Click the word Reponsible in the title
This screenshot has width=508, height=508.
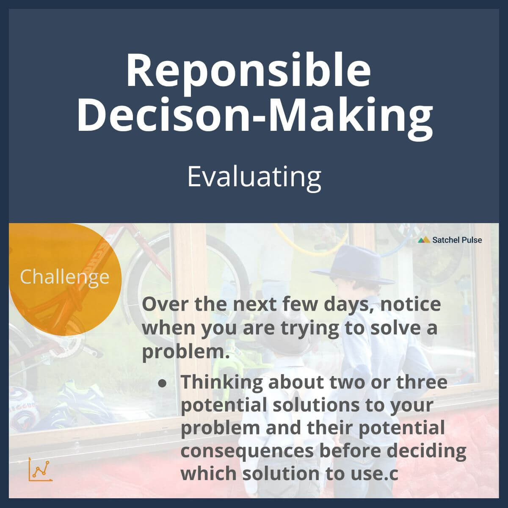(248, 70)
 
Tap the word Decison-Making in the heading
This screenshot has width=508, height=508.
(254, 113)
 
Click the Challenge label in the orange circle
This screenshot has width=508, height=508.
(64, 277)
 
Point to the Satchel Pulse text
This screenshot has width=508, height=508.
(457, 240)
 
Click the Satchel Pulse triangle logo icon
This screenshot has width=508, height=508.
(424, 240)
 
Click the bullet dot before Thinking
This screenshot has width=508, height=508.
(162, 383)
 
